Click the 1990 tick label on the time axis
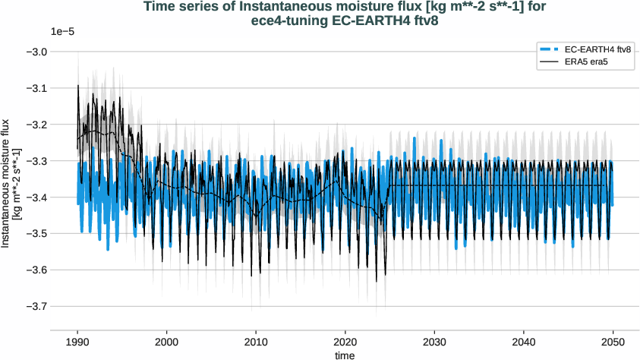point(77,342)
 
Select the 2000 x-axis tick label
point(167,342)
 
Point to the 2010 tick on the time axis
point(256,342)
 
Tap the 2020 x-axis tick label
point(345,342)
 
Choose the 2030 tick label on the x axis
point(434,342)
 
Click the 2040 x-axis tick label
point(524,342)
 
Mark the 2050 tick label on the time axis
point(613,342)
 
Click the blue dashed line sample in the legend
point(550,49)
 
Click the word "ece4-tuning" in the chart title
point(288,21)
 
